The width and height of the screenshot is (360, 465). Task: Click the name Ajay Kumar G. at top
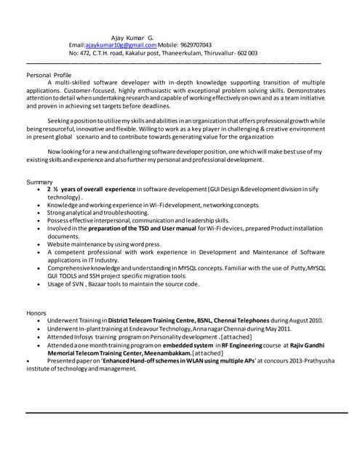132,37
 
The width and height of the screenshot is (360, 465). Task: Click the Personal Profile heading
49,75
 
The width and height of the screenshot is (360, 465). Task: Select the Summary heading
39,181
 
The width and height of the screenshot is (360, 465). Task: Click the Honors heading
36,312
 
